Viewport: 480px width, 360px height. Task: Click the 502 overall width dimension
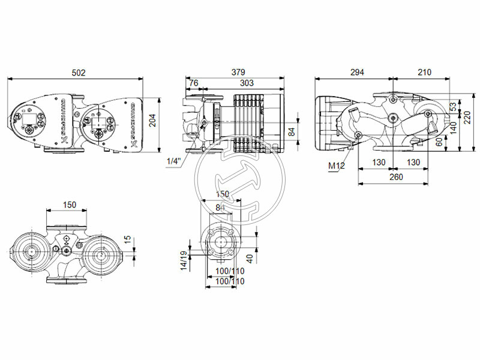pyautogui.click(x=78, y=73)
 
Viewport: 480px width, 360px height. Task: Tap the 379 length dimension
pyautogui.click(x=238, y=73)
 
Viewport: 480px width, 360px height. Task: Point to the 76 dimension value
pyautogui.click(x=193, y=83)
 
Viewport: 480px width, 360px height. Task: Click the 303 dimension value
pyautogui.click(x=246, y=83)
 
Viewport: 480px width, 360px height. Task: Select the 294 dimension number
pyautogui.click(x=356, y=73)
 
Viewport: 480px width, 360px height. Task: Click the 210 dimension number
pyautogui.click(x=424, y=73)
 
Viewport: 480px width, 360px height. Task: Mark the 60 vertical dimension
pyautogui.click(x=440, y=142)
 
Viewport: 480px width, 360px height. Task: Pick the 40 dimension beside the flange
pyautogui.click(x=248, y=257)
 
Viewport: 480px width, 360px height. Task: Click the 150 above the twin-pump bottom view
pyautogui.click(x=70, y=205)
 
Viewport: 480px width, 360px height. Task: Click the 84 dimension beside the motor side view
pyautogui.click(x=292, y=130)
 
